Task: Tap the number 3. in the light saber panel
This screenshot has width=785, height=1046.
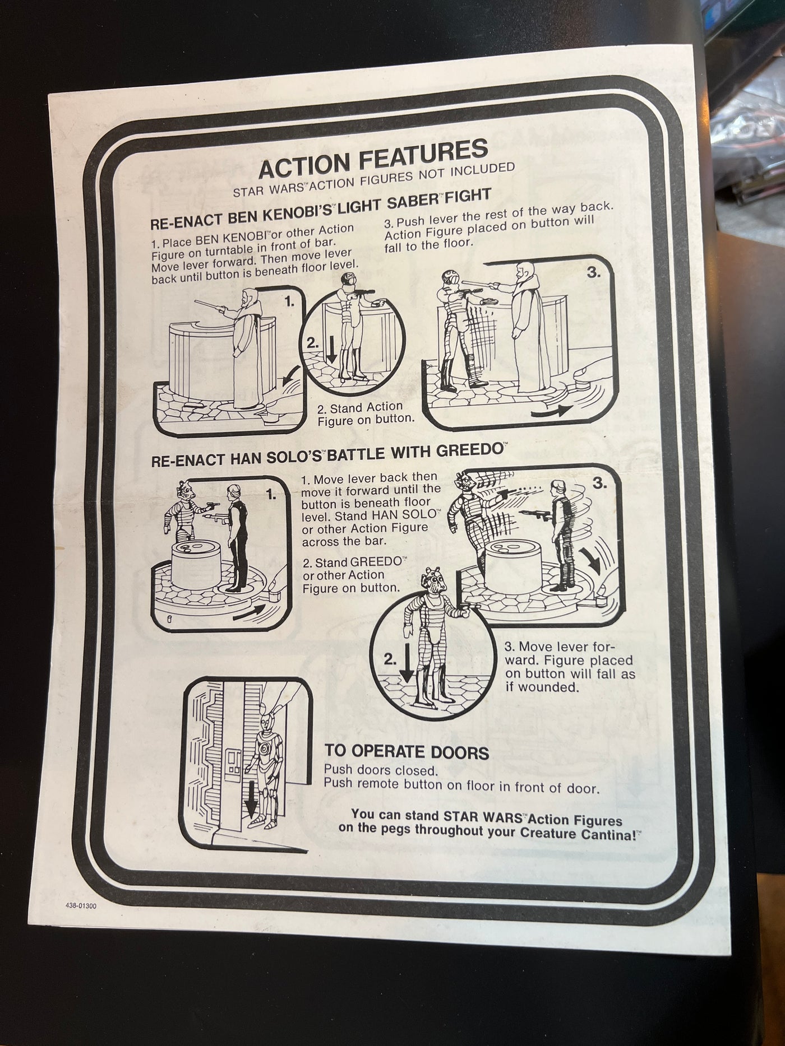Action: pos(593,273)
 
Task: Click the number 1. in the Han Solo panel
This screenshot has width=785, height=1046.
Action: pos(271,495)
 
